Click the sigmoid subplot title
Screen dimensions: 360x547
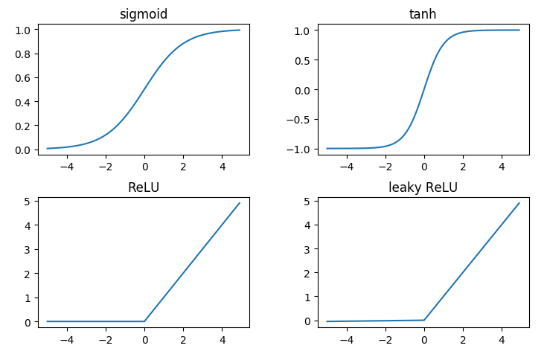[144, 15]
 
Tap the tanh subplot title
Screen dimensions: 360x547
[423, 15]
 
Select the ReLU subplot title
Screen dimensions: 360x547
[144, 187]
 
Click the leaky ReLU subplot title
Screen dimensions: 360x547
[423, 187]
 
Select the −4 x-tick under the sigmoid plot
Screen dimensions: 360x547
[67, 167]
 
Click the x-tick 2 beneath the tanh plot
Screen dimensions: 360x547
[462, 167]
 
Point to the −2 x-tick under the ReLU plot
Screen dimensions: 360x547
[106, 339]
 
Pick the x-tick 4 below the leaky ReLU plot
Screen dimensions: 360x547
[501, 339]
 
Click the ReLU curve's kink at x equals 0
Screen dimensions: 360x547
[144, 321]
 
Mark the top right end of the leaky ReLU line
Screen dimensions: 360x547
[519, 203]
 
